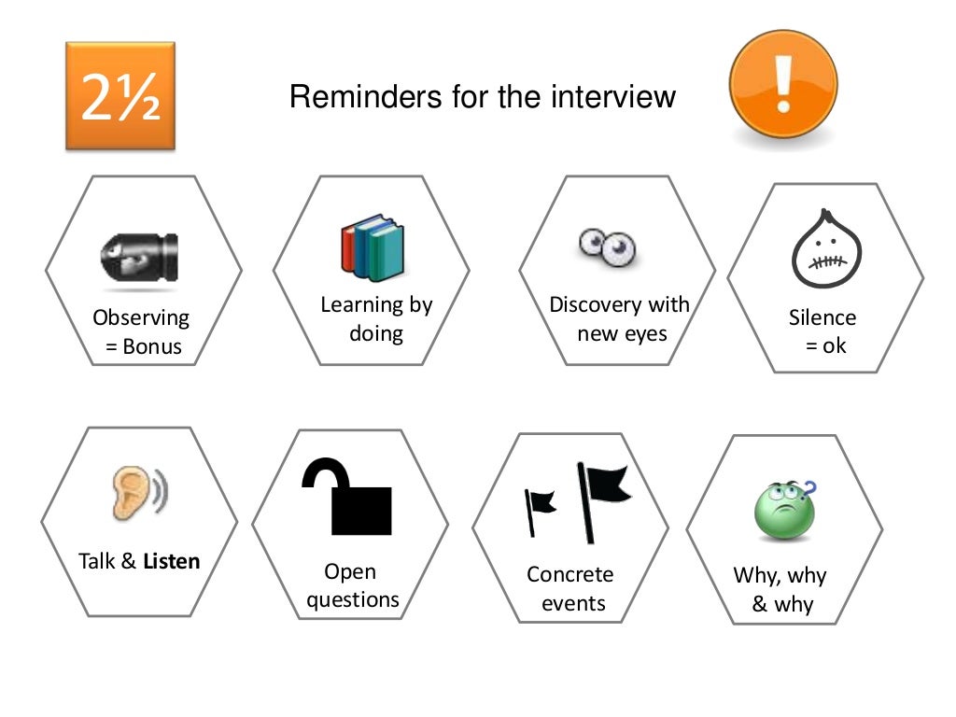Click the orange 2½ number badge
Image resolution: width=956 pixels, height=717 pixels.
(x=120, y=96)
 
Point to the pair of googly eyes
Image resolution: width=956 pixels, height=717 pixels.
(x=607, y=245)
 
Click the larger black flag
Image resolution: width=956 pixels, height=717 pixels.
(x=602, y=499)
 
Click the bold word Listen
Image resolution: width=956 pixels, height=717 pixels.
(x=172, y=561)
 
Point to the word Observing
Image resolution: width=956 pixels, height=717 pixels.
(x=141, y=317)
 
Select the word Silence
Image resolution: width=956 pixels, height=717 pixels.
(x=822, y=316)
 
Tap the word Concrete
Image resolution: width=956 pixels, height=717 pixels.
(x=570, y=574)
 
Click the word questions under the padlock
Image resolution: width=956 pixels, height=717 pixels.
(x=353, y=599)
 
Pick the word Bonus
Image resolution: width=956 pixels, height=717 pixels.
(x=151, y=348)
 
